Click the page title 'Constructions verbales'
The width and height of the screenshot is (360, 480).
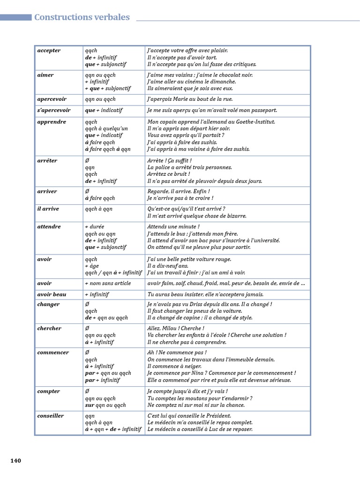pyautogui.click(x=82, y=17)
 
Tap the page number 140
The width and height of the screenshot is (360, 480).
pyautogui.click(x=16, y=461)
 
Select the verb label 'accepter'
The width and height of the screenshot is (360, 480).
pyautogui.click(x=49, y=51)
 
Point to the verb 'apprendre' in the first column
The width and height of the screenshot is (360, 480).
pyautogui.click(x=52, y=122)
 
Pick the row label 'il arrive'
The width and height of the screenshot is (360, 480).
pyautogui.click(x=48, y=209)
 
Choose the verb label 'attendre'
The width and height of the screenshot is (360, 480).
pyautogui.click(x=49, y=227)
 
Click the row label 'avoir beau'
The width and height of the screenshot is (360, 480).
pyautogui.click(x=52, y=295)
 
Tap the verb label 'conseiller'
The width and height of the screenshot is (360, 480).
pyautogui.click(x=50, y=416)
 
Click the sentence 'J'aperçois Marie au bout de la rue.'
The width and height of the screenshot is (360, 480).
pyautogui.click(x=190, y=99)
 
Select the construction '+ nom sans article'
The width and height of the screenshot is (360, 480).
pyautogui.click(x=108, y=284)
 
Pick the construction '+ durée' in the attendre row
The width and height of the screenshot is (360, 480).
pyautogui.click(x=95, y=227)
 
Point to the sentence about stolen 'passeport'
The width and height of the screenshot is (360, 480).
pyautogui.click(x=212, y=110)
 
